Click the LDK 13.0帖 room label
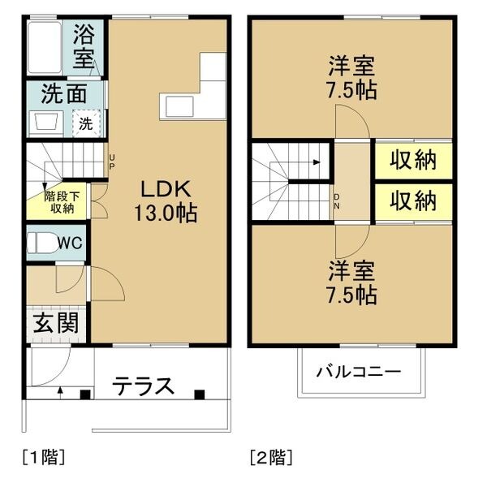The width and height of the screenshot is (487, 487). (x=166, y=201)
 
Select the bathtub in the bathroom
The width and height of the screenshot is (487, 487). (x=44, y=48)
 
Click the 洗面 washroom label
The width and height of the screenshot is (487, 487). (x=63, y=94)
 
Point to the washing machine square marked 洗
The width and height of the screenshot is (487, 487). (x=87, y=123)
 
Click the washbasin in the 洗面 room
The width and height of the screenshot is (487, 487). (x=46, y=122)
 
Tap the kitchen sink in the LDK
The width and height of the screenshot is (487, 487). (x=179, y=106)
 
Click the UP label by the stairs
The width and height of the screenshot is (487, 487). (x=111, y=162)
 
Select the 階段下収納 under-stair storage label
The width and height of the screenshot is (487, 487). (x=62, y=202)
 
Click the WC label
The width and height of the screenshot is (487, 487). (x=70, y=243)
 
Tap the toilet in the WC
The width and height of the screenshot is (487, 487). (x=42, y=243)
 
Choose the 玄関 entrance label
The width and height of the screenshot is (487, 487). (x=56, y=323)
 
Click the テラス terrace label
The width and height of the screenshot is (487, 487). (x=143, y=386)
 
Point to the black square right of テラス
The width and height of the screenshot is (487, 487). (x=200, y=394)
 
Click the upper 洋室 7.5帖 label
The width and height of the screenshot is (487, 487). (x=352, y=77)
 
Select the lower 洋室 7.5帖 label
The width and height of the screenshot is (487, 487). (x=352, y=282)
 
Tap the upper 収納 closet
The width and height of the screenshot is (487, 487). (x=413, y=161)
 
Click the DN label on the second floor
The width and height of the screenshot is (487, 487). (x=337, y=201)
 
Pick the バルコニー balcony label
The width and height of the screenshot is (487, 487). (x=359, y=372)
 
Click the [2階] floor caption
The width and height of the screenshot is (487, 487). (x=271, y=457)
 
